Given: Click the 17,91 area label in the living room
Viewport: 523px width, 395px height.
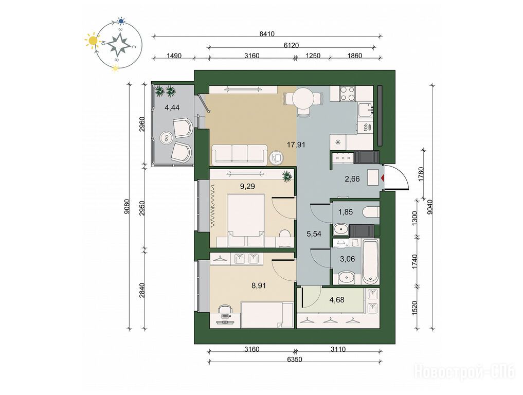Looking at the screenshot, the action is coord(296,145).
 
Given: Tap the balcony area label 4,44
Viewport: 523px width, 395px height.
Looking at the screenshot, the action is coord(172,107).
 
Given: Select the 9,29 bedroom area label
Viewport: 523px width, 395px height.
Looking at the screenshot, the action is coord(247,186).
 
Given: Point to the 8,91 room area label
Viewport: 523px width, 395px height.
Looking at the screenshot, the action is coord(259,285).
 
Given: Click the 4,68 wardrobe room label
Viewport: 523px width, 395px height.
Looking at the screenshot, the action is coord(337,299).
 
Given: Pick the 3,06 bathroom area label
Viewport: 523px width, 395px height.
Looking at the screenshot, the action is coord(347,259).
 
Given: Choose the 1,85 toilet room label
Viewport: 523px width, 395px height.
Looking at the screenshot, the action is coord(345,212).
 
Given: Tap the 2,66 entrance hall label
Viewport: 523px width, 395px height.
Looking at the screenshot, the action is coord(352,179).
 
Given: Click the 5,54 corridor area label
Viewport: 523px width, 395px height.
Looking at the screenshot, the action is coord(314,234).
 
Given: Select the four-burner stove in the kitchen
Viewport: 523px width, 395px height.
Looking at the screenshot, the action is coord(347,94).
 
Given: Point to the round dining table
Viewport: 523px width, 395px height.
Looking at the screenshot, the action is coord(303,99).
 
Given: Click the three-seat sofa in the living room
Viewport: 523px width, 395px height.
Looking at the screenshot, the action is coord(240,154).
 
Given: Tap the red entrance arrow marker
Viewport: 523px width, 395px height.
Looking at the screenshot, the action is coord(383,178).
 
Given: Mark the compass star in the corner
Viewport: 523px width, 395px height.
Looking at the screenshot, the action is coord(119,44).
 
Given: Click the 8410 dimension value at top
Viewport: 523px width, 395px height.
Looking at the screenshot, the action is coord(267,33).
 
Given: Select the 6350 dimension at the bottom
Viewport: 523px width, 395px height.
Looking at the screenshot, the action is coord(295,359).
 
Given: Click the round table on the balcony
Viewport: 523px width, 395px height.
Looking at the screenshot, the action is coord(167,137).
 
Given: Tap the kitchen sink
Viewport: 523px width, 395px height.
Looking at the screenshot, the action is coord(366,109).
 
